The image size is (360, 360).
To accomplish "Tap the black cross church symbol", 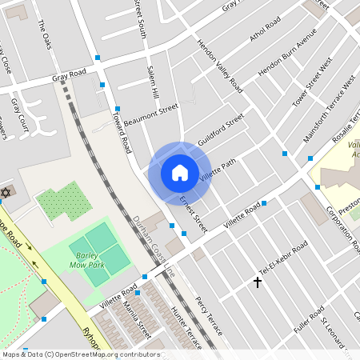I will click(258, 282).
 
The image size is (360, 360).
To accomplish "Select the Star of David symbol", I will click(6, 194).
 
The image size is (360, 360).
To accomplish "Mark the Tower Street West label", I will click(313, 82).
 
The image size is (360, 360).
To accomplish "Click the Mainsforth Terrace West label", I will click(329, 99).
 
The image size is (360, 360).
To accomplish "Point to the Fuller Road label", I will click(309, 321).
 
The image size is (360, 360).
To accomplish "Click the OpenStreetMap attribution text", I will click(80, 354).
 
